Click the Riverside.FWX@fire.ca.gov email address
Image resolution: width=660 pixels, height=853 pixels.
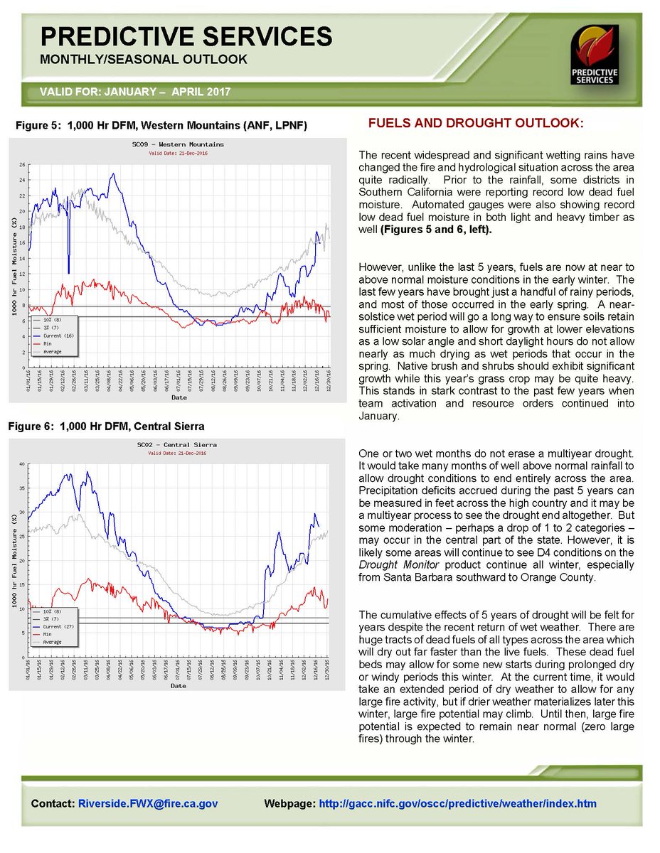click(x=148, y=804)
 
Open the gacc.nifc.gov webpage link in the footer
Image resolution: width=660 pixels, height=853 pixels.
click(x=458, y=804)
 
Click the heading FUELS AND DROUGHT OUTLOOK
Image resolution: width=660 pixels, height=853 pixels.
click(x=475, y=124)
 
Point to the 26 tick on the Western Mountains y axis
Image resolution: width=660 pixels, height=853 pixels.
click(x=23, y=165)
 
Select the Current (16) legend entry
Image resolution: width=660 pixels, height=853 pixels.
click(x=58, y=335)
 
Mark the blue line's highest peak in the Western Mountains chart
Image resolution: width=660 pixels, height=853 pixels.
click(x=112, y=173)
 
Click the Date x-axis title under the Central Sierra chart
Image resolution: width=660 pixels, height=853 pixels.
click(x=179, y=686)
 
